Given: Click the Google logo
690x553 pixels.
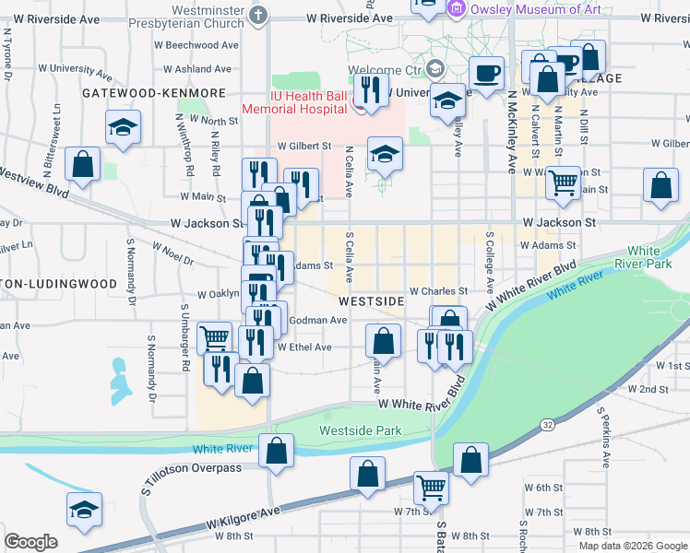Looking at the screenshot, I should (x=30, y=542).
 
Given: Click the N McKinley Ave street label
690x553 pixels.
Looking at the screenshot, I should (x=509, y=131).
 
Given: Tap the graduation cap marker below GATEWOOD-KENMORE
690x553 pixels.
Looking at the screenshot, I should (x=121, y=128).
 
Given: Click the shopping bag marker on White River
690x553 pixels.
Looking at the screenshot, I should (x=276, y=451).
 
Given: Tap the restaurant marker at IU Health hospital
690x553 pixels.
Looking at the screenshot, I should (x=371, y=91).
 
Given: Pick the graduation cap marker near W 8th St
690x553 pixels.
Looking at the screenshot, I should (x=84, y=510).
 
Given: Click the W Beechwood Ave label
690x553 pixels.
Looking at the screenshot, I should (x=203, y=44).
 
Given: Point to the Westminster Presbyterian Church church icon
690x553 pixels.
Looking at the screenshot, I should (x=259, y=15).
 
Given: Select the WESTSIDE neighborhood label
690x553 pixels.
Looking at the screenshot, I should (x=371, y=301).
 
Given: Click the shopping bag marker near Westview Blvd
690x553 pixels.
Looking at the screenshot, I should (x=83, y=164).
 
